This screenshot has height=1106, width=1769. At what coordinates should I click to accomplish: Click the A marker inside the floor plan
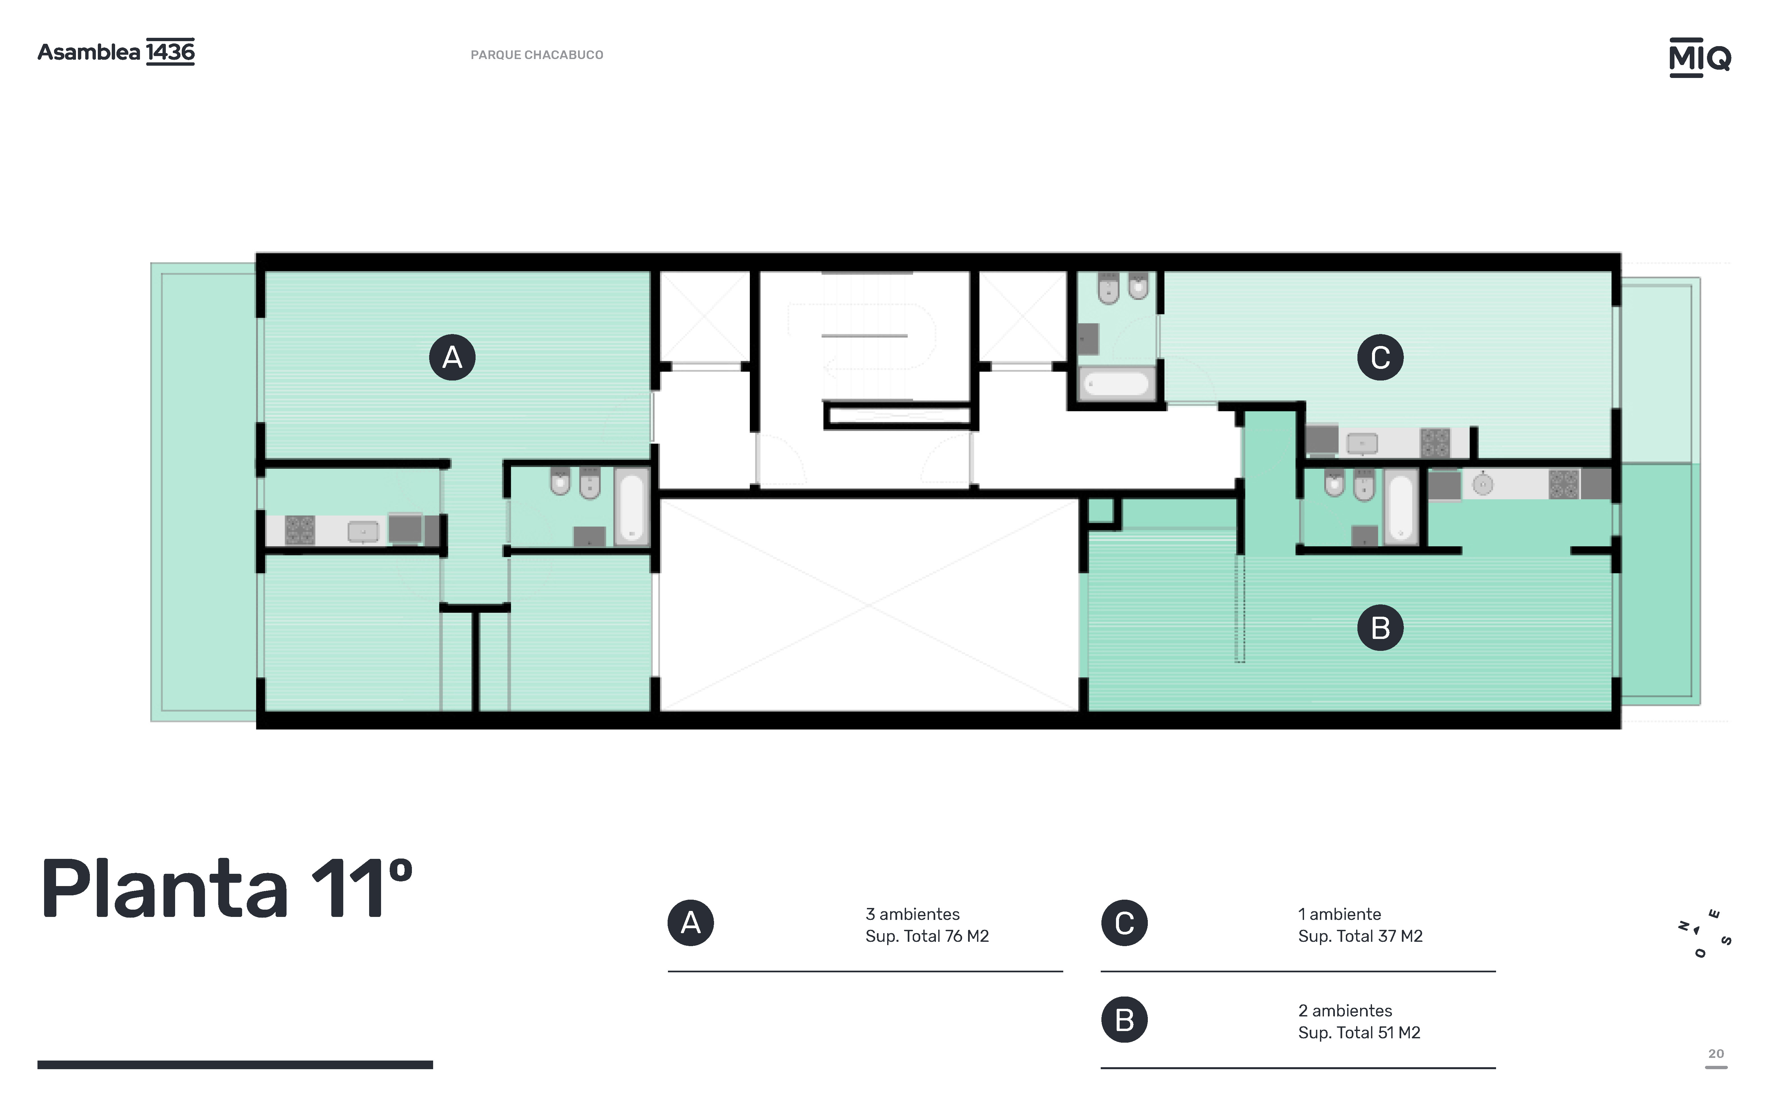[x=452, y=357]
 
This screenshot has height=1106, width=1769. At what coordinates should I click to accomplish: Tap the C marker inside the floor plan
[x=1380, y=357]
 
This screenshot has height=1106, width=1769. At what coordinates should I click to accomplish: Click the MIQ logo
[x=1700, y=57]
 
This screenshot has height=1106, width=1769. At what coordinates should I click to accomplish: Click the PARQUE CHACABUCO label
[x=537, y=55]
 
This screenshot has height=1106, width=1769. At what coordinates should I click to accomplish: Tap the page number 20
[x=1716, y=1053]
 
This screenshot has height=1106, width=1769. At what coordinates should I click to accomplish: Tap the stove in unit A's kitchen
[x=300, y=530]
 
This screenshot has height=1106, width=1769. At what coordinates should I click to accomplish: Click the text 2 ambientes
[x=1345, y=1010]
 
